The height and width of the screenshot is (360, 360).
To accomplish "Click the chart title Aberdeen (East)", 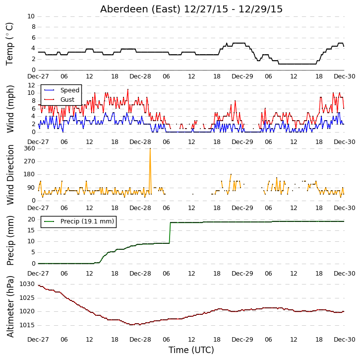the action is point(140,9).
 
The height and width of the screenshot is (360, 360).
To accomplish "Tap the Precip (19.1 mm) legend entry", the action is point(77,221).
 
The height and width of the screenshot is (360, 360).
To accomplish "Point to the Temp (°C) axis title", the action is point(9,44).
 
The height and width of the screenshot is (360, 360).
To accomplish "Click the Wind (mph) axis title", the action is point(10,109).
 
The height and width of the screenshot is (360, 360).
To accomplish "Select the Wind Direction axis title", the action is point(10,175).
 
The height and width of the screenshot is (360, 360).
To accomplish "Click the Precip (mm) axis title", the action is point(10,240).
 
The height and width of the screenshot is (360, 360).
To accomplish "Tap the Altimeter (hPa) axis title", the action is point(10,307).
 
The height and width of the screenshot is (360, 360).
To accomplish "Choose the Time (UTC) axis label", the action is point(191,350).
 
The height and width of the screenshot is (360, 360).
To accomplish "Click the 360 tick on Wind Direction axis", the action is point(30,148).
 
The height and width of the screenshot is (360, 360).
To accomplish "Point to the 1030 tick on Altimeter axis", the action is point(27,284).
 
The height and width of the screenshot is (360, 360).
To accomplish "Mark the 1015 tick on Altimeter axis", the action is point(27,325).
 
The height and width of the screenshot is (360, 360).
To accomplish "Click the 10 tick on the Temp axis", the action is point(31,16).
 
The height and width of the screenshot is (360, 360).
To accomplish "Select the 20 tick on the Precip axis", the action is point(31,219).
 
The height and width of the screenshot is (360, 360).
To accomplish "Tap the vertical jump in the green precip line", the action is point(170,233).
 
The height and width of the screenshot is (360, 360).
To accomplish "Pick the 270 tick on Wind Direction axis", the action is point(30,161).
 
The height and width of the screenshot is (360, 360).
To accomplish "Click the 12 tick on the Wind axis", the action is point(31,85).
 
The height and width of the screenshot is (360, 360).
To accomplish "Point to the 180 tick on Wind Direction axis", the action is point(30,174).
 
